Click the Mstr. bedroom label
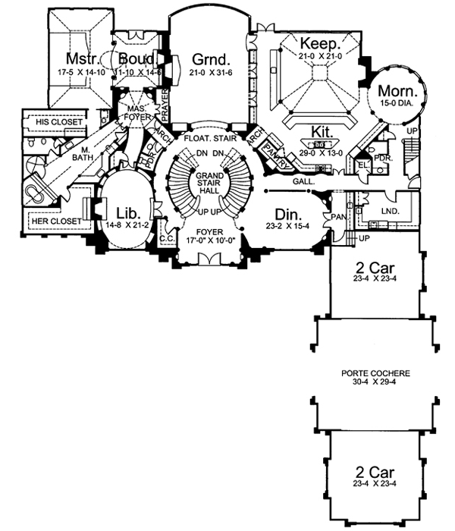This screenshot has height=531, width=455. pos(78,59)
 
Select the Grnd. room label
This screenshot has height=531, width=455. pos(210,59)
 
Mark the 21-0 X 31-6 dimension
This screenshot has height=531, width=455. pos(210,73)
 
